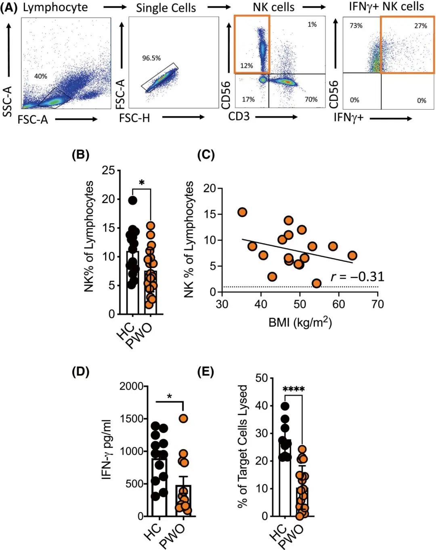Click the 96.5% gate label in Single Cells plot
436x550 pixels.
pos(151,58)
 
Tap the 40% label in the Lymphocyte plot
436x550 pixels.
pos(40,76)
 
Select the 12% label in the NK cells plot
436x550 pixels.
pos(246,66)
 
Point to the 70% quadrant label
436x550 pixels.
pos(311,99)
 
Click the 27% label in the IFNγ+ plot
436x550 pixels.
pos(420,26)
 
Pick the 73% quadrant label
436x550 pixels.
pos(356,25)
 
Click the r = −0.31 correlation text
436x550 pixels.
pos(357,276)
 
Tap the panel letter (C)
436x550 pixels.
pos(205,155)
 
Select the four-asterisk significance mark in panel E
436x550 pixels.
pos(293,389)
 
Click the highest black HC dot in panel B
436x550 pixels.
pos(132,200)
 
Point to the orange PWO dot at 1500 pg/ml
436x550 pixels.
pos(184,418)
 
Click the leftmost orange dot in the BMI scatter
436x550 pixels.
pos(242,212)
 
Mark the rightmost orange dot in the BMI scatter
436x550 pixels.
pos(352,255)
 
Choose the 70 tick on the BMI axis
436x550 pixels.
pos(377,304)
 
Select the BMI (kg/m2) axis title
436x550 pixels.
pos(300,322)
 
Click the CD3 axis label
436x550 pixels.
pos(239,117)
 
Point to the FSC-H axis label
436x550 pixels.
pos(134,118)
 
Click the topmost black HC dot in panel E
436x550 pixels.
pos(285,406)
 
